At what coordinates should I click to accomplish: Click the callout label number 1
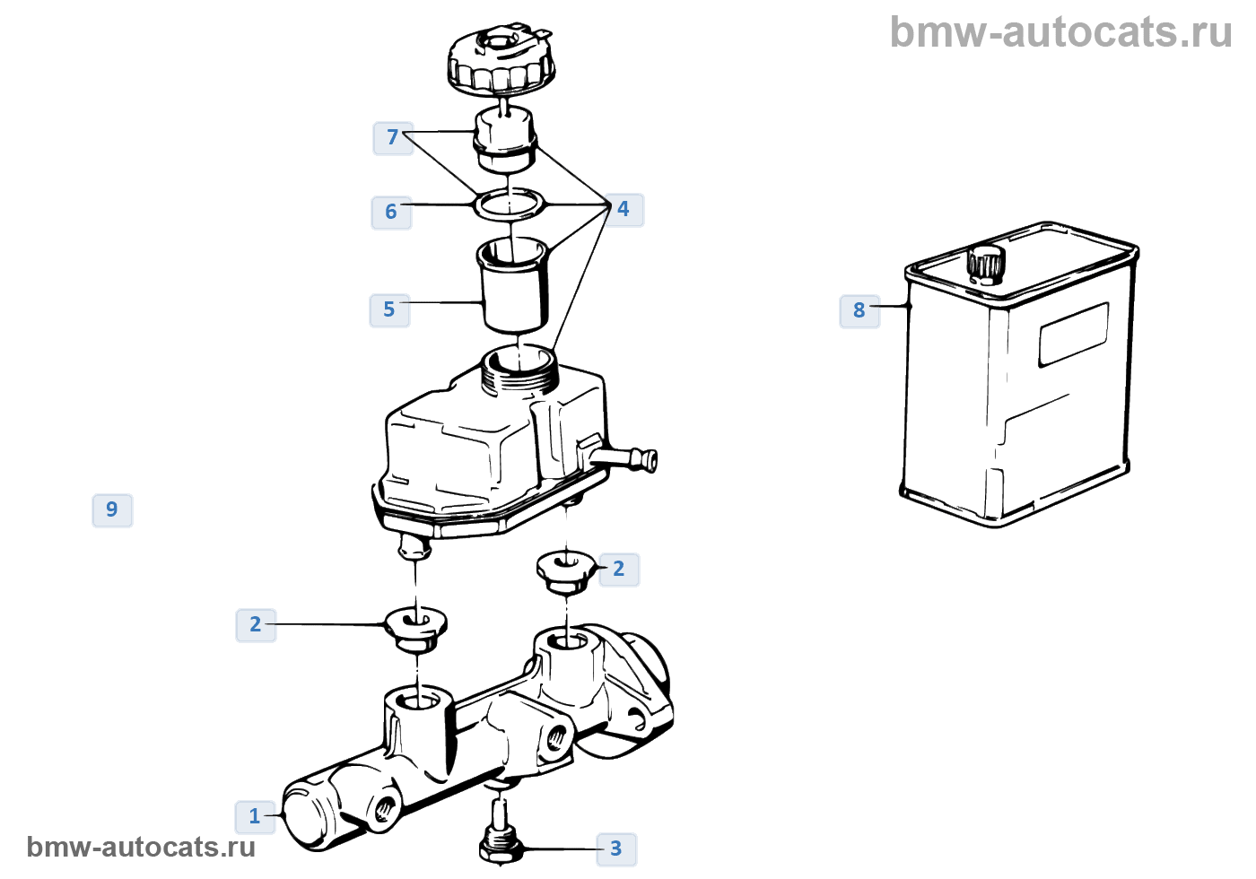click(x=255, y=816)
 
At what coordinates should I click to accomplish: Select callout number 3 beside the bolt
click(x=615, y=849)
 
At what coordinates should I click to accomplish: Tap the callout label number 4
click(x=624, y=209)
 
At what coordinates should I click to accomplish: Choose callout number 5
click(x=389, y=309)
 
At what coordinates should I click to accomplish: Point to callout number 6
click(x=391, y=212)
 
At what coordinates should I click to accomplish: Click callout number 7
click(x=393, y=137)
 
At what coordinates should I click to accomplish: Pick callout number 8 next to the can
click(x=859, y=310)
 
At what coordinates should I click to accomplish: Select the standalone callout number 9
click(x=112, y=509)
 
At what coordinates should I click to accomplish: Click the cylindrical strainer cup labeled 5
click(x=513, y=287)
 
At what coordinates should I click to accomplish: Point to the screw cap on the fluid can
click(x=986, y=263)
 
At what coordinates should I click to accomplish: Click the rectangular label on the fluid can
click(x=1073, y=335)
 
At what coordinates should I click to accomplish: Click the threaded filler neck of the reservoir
click(x=520, y=370)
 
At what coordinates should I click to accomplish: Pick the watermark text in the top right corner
click(x=1060, y=32)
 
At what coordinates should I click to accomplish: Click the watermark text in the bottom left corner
click(x=141, y=847)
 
